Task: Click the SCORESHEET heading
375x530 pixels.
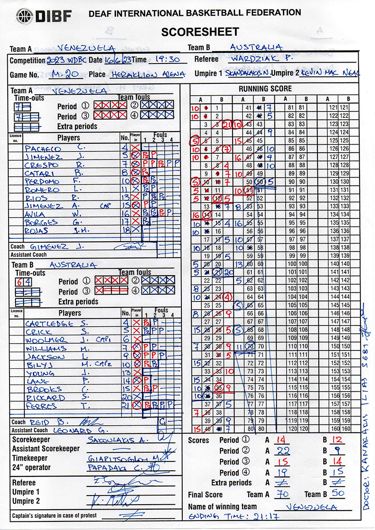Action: [200, 31]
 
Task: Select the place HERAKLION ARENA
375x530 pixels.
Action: [141, 74]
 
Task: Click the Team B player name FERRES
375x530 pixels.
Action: [42, 406]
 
